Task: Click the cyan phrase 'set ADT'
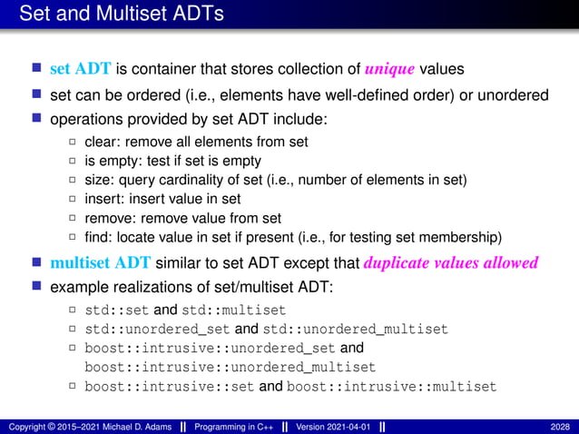pos(80,69)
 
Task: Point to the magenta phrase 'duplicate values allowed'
pos(451,263)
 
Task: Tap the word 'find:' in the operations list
pos(100,238)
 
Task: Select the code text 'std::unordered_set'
pos(157,329)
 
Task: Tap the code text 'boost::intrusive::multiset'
pos(391,387)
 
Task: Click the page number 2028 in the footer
pos(560,426)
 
